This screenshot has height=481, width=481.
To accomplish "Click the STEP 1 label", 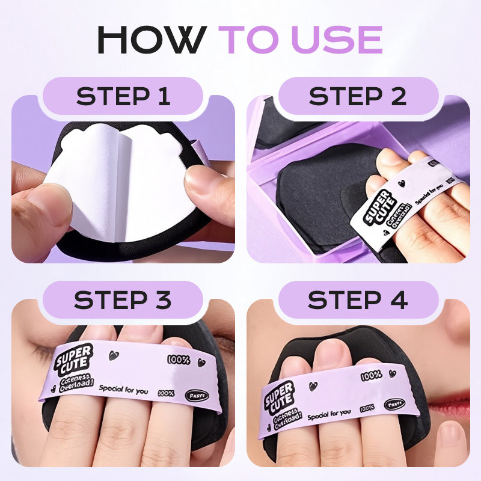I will click(123, 96).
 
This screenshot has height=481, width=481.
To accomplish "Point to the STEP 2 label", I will click(358, 96).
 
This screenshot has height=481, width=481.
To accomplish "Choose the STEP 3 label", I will click(123, 299).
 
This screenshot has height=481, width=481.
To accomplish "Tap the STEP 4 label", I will click(358, 299).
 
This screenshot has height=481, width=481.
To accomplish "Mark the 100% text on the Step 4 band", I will click(371, 376).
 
